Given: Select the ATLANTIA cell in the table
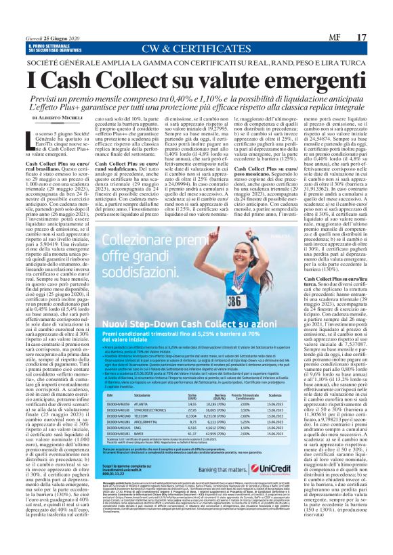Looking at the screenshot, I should click(x=144, y=384).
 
